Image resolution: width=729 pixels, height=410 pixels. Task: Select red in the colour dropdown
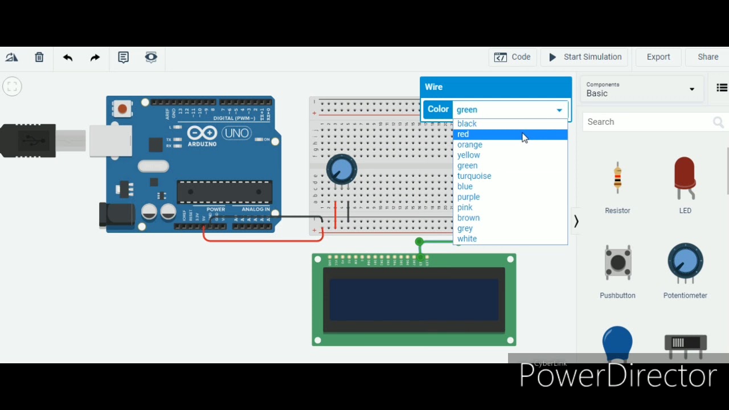tap(463, 134)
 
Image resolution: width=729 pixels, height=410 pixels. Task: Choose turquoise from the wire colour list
tap(474, 176)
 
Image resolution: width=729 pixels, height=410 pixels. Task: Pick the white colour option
tap(467, 239)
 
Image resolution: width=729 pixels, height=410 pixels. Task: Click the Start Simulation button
tap(585, 57)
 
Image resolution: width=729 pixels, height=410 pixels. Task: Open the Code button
tap(513, 57)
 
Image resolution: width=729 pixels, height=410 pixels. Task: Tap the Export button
tap(658, 57)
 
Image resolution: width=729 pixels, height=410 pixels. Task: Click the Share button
tap(707, 57)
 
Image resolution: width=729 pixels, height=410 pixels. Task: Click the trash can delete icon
tap(39, 57)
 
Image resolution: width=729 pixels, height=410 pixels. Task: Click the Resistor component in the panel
tap(617, 179)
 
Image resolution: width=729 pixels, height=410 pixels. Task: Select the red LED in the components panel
tap(685, 178)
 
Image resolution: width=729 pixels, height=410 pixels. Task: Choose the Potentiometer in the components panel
tap(685, 262)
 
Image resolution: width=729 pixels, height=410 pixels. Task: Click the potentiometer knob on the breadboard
tap(342, 169)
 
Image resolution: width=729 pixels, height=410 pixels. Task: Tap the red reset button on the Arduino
tap(122, 108)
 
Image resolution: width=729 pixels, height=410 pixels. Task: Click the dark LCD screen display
tap(414, 300)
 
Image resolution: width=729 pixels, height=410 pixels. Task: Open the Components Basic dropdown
tap(641, 89)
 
